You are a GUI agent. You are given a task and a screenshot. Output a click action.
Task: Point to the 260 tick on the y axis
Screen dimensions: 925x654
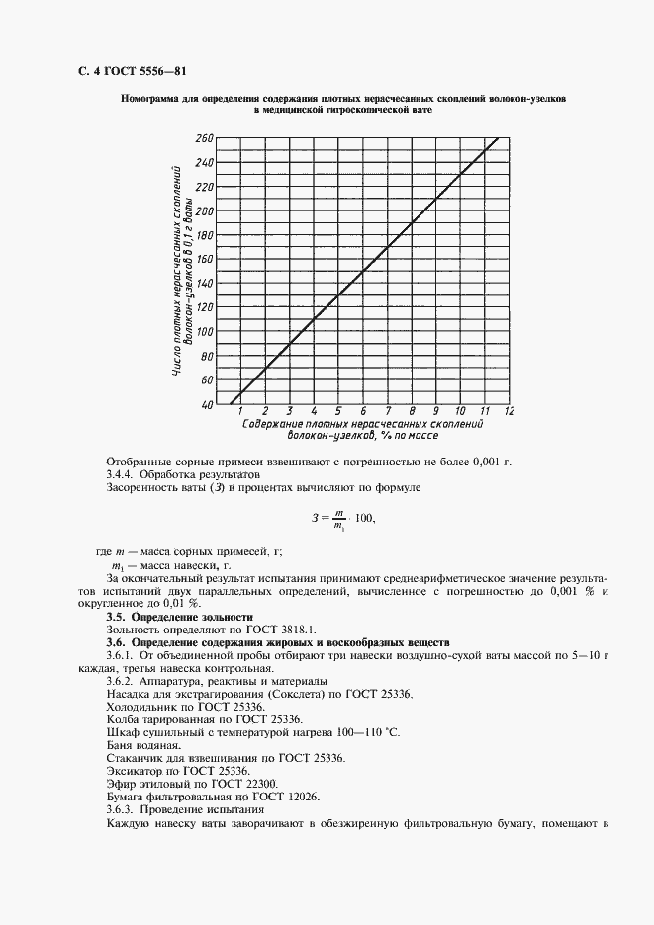click(204, 138)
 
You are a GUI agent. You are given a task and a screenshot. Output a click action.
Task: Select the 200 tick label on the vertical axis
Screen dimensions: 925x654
click(204, 210)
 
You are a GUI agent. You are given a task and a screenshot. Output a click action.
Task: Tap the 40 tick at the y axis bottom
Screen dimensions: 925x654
click(207, 404)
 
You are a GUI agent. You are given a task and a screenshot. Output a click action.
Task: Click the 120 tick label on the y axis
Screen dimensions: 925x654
click(204, 307)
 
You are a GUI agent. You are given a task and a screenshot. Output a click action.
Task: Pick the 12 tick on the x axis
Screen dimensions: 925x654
click(508, 411)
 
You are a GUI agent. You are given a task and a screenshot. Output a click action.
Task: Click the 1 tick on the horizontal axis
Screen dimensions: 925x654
click(240, 411)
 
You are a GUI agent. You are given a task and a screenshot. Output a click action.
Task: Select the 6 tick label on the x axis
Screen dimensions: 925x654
click(362, 411)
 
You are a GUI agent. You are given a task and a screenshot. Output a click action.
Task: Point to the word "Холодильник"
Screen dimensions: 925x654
click(140, 706)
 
